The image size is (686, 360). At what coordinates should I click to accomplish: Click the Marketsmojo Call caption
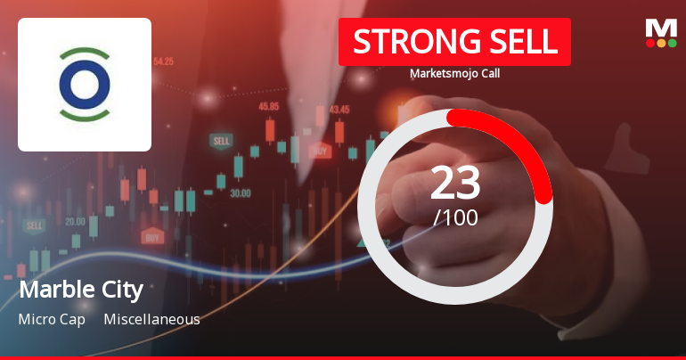click(x=454, y=74)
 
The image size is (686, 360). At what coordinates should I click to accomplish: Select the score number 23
click(x=455, y=183)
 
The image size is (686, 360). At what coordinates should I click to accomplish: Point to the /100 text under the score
click(x=455, y=217)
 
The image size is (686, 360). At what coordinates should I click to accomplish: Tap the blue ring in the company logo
click(x=85, y=85)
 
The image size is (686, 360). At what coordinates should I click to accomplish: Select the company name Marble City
click(x=80, y=290)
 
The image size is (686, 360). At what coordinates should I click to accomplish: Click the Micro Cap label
click(x=52, y=319)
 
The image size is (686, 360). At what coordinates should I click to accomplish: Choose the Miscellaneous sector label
click(x=151, y=319)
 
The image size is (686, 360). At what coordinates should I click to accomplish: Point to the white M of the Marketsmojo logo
click(x=661, y=28)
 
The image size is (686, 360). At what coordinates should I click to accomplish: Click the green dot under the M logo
click(x=673, y=43)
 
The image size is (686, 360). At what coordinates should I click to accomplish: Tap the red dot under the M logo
click(x=650, y=43)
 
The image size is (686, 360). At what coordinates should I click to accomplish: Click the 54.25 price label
click(x=163, y=61)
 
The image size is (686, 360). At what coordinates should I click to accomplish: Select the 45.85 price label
click(x=269, y=106)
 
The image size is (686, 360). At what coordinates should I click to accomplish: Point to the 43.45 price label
click(x=339, y=110)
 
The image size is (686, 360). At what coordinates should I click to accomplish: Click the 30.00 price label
click(x=240, y=192)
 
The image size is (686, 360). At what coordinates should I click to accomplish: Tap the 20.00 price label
click(x=75, y=221)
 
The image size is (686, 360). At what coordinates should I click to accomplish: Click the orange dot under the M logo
click(x=661, y=43)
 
